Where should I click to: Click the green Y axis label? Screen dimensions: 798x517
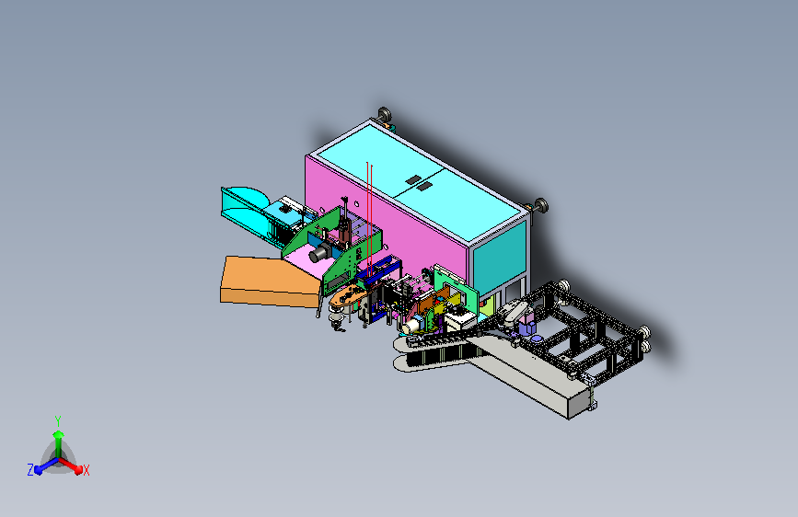[58, 420]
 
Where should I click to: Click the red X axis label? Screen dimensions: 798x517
[86, 471]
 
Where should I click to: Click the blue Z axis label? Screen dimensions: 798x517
[30, 470]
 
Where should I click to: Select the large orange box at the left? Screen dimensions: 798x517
[270, 281]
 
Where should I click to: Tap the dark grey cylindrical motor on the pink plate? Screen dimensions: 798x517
[320, 252]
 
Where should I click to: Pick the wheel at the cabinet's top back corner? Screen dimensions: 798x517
[384, 114]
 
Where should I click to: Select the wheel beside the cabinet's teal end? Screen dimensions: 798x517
[540, 205]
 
